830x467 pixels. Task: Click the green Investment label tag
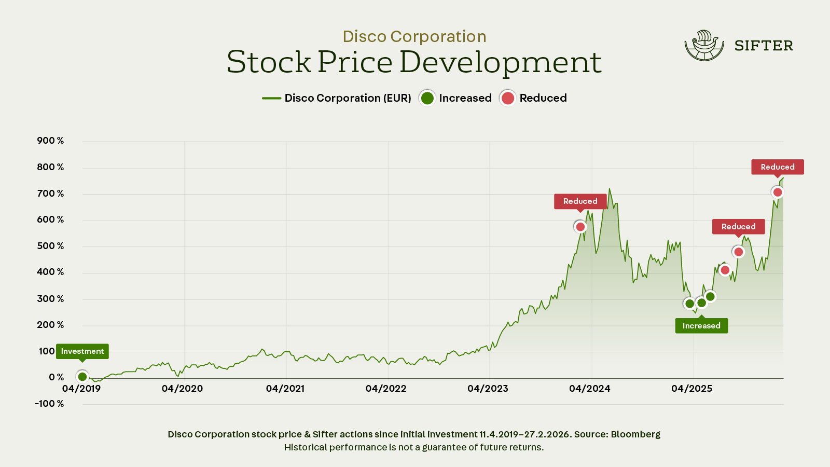pos(82,351)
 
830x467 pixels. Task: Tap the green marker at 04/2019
pos(82,377)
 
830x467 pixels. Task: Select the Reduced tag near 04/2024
pos(580,201)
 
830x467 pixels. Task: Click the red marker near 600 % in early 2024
pos(580,227)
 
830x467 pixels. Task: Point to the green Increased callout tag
pos(701,326)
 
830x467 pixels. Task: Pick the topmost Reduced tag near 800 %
pos(778,167)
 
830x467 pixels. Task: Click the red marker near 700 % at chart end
pos(778,193)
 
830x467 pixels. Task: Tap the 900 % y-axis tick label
pos(50,141)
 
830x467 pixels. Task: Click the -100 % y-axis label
pos(49,404)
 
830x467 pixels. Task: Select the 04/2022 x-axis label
pos(386,389)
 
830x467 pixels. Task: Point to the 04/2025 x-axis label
pos(691,389)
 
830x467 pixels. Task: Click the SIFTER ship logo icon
pos(704,46)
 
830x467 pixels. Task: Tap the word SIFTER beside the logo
pos(764,46)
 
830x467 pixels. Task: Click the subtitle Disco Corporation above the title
pos(414,36)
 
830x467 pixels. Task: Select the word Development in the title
pos(501,62)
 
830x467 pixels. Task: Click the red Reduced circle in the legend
pos(508,98)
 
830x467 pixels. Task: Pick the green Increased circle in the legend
pos(427,98)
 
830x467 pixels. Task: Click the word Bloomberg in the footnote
pos(635,434)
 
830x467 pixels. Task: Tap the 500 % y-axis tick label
pos(50,246)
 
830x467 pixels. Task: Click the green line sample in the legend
pos(271,98)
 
